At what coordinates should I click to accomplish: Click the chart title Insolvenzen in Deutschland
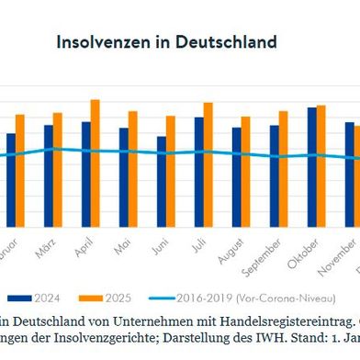(166, 42)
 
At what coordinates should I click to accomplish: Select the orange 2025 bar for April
(95, 163)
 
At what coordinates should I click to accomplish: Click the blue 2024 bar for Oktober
(311, 167)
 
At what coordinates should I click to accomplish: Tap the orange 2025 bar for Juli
(208, 165)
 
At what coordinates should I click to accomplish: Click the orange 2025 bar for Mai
(133, 169)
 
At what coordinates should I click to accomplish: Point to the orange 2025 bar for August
(246, 172)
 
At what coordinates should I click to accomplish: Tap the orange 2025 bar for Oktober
(321, 166)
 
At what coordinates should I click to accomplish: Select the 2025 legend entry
(105, 298)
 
